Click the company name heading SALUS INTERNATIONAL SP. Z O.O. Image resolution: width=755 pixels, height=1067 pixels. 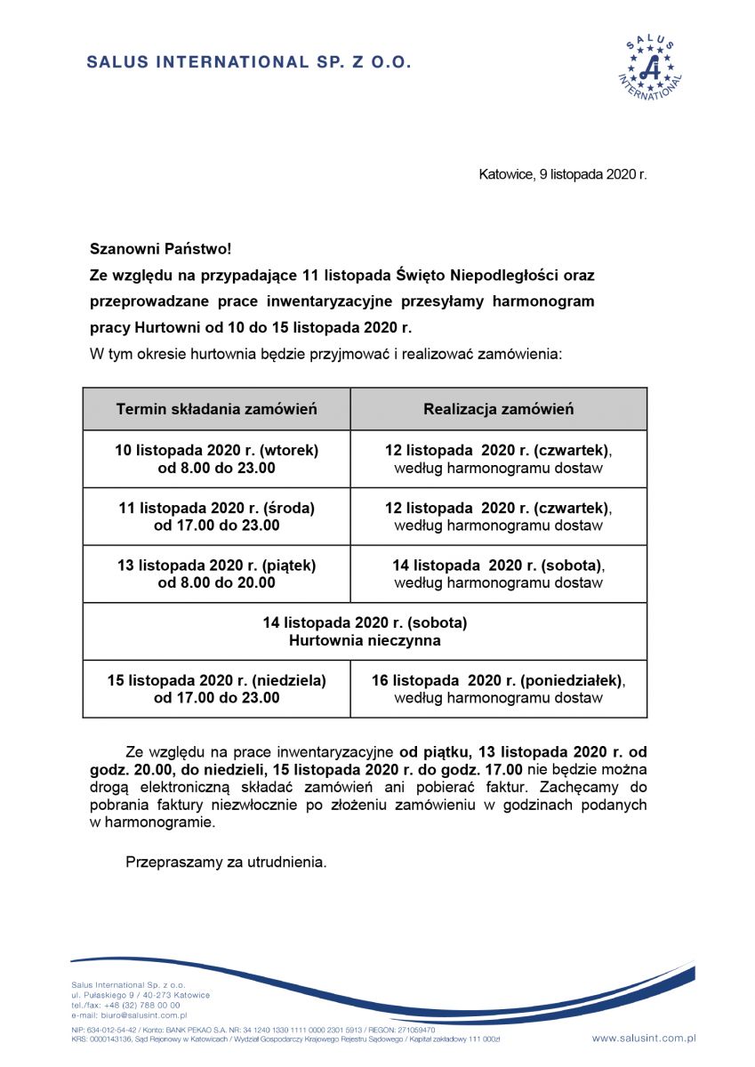click(x=249, y=63)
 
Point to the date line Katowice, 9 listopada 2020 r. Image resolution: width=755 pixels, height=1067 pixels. click(x=562, y=174)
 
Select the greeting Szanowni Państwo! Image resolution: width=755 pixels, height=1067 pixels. click(x=160, y=252)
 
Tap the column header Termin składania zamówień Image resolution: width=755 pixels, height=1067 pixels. click(x=216, y=410)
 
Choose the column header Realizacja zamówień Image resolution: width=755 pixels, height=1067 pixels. click(x=498, y=410)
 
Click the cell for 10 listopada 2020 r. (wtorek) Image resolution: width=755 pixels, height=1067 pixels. click(x=216, y=459)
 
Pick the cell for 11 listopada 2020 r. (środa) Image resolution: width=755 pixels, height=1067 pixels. click(x=216, y=517)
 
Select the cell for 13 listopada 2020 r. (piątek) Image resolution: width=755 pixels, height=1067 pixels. click(x=216, y=574)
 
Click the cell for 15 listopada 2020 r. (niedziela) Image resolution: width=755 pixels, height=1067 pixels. click(x=216, y=689)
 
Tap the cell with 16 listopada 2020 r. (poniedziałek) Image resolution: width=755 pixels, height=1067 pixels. click(x=498, y=689)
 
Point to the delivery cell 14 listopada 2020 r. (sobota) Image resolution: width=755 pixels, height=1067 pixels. click(x=498, y=574)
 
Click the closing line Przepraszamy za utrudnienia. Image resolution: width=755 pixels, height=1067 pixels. click(x=227, y=862)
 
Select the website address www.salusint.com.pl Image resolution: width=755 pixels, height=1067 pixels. click(x=643, y=1038)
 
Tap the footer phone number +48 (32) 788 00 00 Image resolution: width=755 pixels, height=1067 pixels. click(x=143, y=1005)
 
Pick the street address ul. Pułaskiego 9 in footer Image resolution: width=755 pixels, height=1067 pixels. click(x=107, y=995)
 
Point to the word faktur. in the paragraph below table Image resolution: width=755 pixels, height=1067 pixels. click(x=493, y=789)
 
